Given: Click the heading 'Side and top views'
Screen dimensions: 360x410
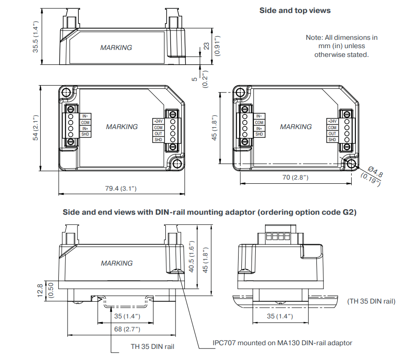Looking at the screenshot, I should click(295, 10).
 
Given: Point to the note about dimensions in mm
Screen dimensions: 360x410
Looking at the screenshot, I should click(341, 46).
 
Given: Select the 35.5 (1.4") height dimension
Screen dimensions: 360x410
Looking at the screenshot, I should click(36, 37).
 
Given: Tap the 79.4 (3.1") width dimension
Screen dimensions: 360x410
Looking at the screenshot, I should click(120, 188).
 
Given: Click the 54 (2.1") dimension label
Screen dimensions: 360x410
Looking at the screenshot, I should click(36, 128).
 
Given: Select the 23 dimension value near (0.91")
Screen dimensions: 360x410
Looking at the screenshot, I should click(207, 46).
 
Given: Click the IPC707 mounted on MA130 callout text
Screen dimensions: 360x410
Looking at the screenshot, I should click(282, 343).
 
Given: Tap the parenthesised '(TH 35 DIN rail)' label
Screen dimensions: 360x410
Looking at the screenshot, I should click(371, 301).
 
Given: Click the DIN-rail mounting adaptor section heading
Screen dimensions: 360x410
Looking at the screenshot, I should click(210, 212).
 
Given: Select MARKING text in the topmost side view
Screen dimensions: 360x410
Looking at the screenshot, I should click(116, 48).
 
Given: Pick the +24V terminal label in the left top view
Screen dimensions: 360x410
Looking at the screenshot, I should click(158, 121).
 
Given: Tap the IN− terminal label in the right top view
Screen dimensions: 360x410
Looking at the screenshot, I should click(259, 116).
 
